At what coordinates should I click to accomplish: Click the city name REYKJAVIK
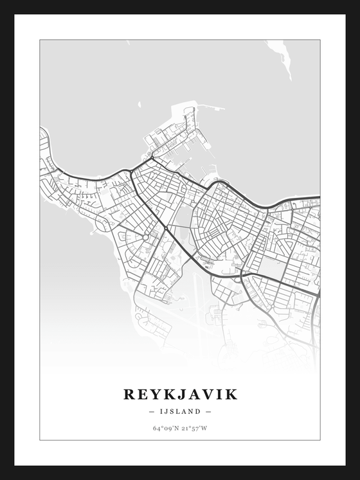[180, 394]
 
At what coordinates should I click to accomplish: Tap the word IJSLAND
[180, 411]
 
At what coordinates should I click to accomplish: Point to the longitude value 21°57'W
[194, 428]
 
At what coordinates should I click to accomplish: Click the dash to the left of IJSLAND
[151, 411]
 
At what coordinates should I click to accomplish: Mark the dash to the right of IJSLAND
[208, 411]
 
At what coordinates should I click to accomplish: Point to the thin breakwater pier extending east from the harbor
[212, 107]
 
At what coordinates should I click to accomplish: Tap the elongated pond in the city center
[183, 218]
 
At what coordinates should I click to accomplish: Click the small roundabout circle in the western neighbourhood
[146, 238]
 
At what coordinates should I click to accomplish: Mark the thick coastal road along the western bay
[84, 177]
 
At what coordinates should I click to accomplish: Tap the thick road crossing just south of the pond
[166, 228]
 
